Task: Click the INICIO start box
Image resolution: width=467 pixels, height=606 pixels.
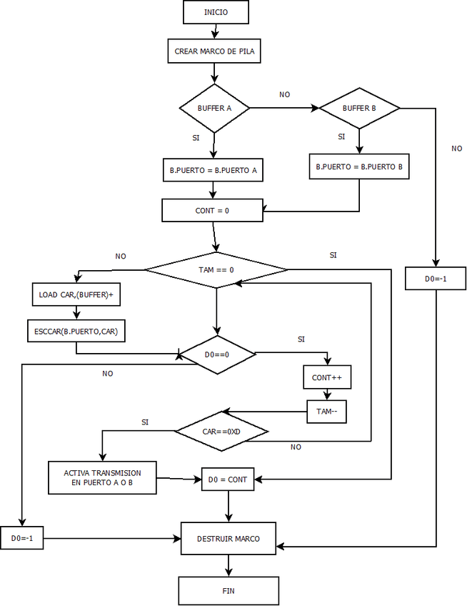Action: pos(216,12)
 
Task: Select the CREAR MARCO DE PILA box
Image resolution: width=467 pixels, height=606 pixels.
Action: pos(215,51)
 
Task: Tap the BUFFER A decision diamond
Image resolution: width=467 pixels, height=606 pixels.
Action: pos(214,109)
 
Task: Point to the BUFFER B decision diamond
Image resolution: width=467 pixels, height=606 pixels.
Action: pos(359,109)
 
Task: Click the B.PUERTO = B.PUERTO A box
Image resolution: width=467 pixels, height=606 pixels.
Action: pos(213,172)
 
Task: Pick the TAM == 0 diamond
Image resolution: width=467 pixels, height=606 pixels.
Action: pos(216,270)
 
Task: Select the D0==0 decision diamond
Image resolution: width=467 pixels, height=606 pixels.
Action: pos(216,354)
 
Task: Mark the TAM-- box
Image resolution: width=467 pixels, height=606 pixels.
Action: pos(327,412)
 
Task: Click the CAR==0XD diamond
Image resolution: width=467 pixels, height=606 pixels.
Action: pos(221,432)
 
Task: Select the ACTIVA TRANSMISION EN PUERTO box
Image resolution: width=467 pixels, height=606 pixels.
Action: pos(102,477)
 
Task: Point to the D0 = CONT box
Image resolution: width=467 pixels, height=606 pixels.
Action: pos(229,480)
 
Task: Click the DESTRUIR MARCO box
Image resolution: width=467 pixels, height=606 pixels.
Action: pos(229,538)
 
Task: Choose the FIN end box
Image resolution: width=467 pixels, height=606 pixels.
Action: pos(229,591)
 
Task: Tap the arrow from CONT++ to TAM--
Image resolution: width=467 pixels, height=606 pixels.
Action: pos(327,394)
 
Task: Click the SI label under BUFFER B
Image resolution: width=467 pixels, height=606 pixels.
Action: pos(341,136)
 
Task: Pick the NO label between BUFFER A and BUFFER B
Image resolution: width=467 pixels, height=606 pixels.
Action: pos(285,94)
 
